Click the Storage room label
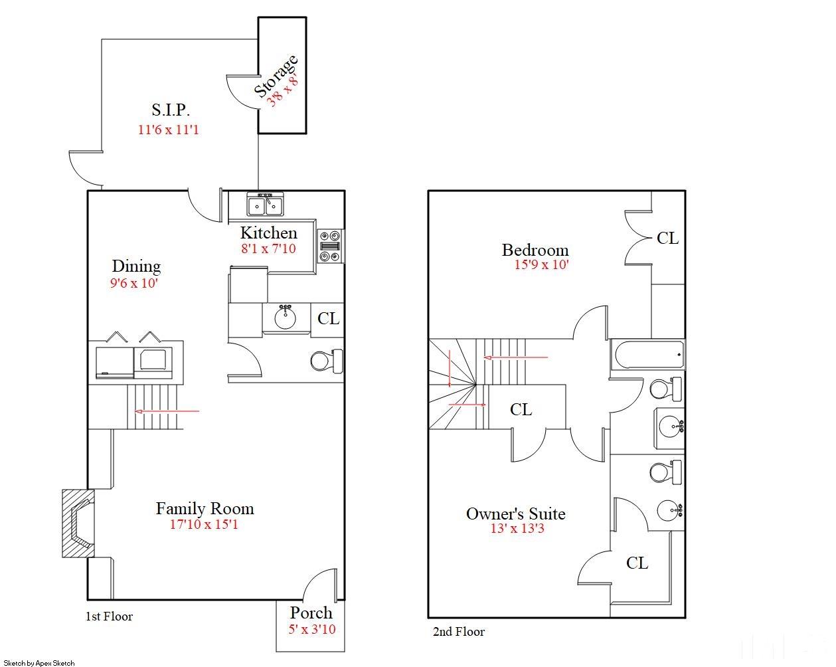pyautogui.click(x=276, y=76)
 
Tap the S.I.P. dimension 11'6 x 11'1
pyautogui.click(x=169, y=130)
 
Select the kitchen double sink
pyautogui.click(x=266, y=204)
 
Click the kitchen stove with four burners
pyautogui.click(x=330, y=246)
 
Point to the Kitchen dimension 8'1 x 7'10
pyautogui.click(x=268, y=248)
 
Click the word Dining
pyautogui.click(x=136, y=267)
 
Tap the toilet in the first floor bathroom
pyautogui.click(x=327, y=361)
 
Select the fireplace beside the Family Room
pyautogui.click(x=78, y=524)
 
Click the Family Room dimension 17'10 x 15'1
pyautogui.click(x=204, y=524)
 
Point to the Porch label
pyautogui.click(x=311, y=613)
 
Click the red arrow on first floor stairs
pyautogui.click(x=167, y=411)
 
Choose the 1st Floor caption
pyautogui.click(x=109, y=617)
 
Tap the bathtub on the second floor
pyautogui.click(x=647, y=355)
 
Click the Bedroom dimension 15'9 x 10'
pyautogui.click(x=542, y=264)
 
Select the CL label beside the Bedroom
pyautogui.click(x=668, y=238)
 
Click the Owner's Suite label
pyautogui.click(x=516, y=514)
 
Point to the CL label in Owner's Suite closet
pyautogui.click(x=637, y=563)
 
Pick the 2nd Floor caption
pyautogui.click(x=459, y=632)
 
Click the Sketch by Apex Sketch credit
pyautogui.click(x=39, y=663)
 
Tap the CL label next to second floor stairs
pyautogui.click(x=521, y=410)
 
